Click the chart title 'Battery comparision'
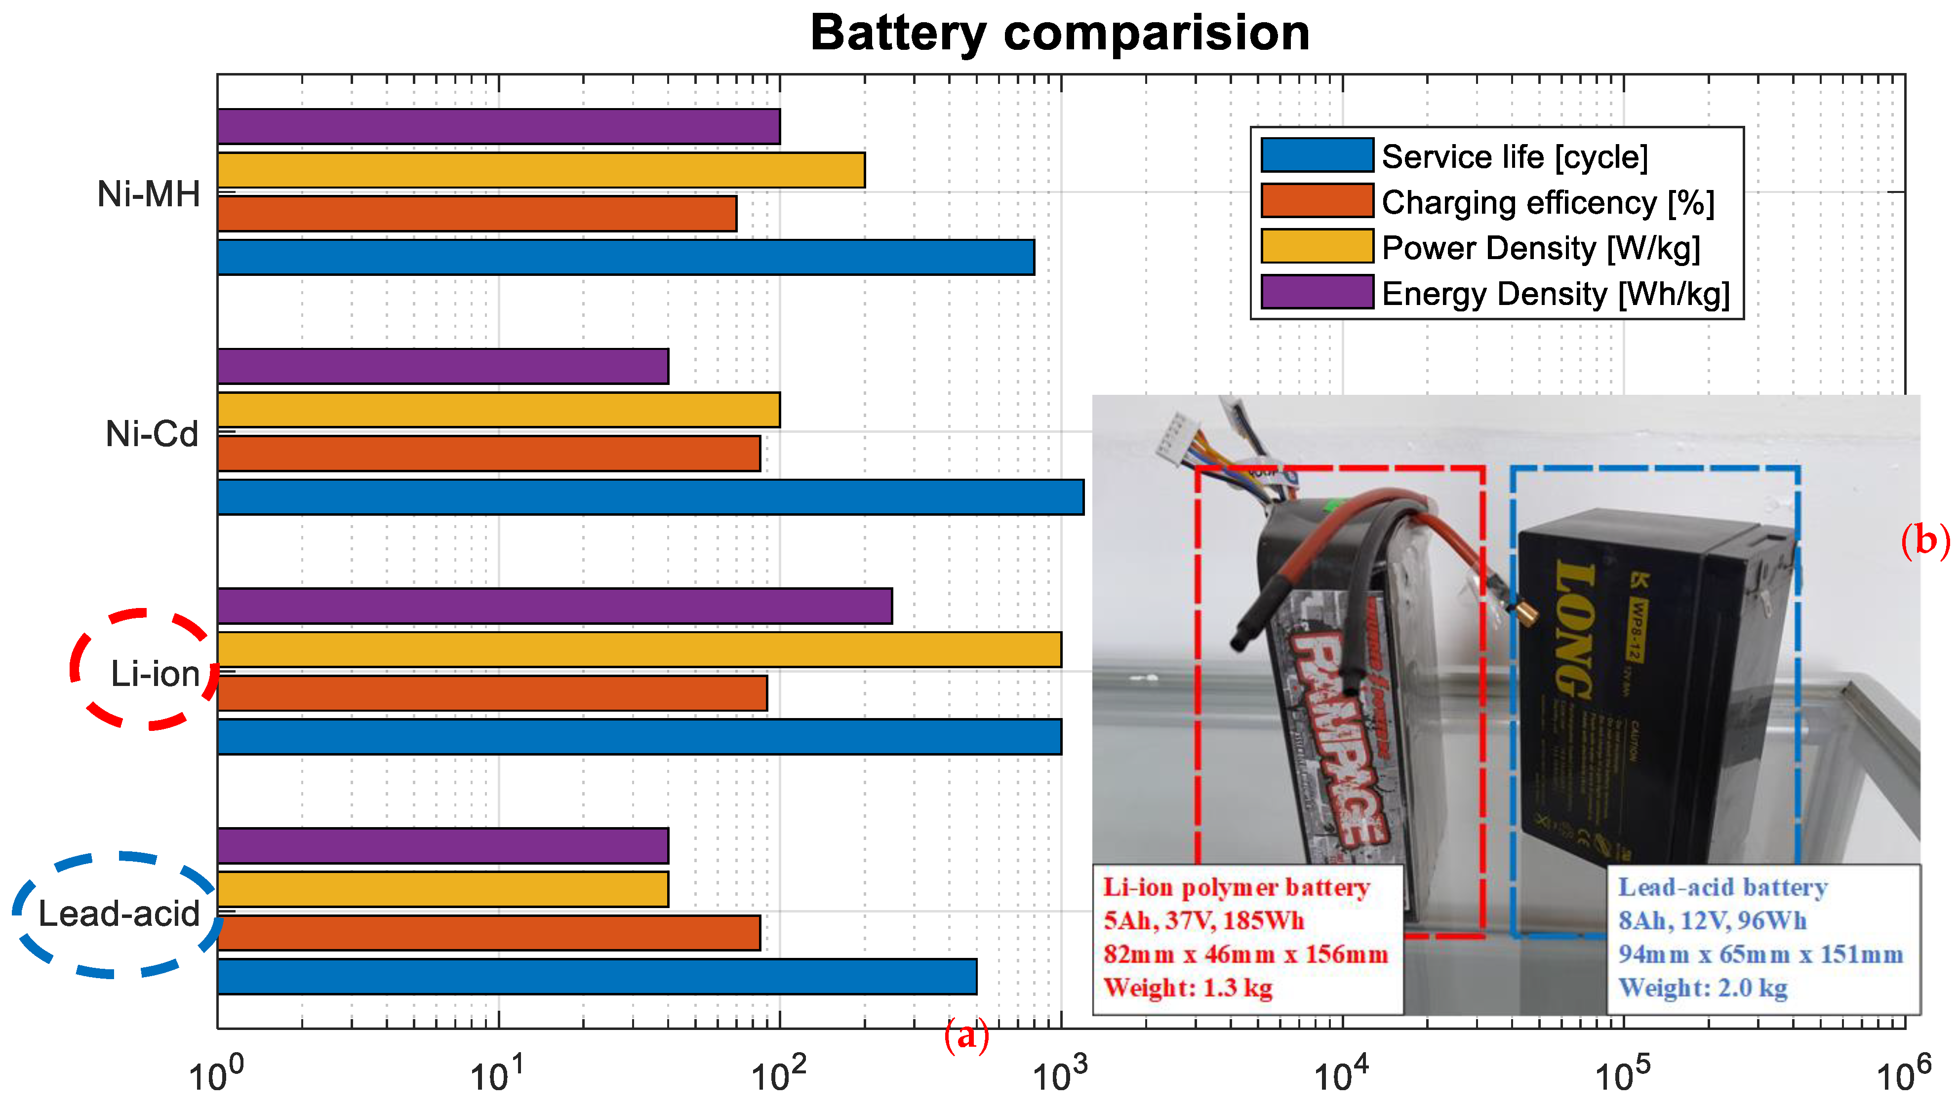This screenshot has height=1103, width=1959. click(x=1059, y=34)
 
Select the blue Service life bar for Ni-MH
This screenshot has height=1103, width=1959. click(x=625, y=257)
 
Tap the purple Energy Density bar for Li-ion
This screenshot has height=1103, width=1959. click(x=555, y=606)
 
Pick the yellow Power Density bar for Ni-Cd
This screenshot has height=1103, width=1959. click(x=498, y=410)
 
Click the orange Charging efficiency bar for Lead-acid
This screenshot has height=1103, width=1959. click(x=488, y=933)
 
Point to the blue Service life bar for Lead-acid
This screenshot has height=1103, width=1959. click(x=597, y=977)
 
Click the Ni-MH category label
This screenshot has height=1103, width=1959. click(x=149, y=194)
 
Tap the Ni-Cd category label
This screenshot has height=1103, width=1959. click(x=152, y=434)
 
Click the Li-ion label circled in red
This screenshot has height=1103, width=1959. click(x=155, y=674)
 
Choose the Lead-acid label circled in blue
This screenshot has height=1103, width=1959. click(x=119, y=913)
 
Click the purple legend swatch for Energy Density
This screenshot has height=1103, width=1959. click(x=1317, y=293)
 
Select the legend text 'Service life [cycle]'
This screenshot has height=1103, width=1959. click(x=1514, y=156)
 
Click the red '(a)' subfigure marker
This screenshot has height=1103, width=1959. click(x=966, y=1035)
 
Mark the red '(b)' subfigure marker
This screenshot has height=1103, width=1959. click(x=1925, y=541)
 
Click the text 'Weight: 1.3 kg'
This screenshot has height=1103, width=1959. click(x=1188, y=988)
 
